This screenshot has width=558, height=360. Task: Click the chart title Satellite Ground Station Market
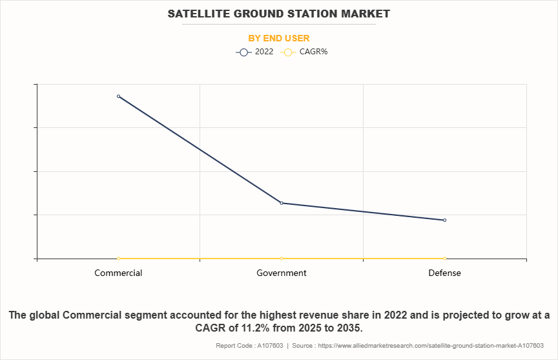click(x=279, y=14)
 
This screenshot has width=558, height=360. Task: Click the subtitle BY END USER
click(x=279, y=39)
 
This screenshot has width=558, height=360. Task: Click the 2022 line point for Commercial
click(x=118, y=96)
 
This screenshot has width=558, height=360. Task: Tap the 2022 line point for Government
click(x=282, y=203)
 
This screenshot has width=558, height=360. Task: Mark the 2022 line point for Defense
click(x=444, y=220)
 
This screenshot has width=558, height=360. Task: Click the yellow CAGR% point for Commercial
click(x=118, y=258)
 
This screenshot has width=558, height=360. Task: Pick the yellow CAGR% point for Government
click(x=282, y=258)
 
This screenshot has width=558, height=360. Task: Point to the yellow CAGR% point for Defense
click(x=444, y=258)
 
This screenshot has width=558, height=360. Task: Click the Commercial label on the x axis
click(x=118, y=273)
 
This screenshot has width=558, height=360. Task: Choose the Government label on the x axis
click(x=282, y=273)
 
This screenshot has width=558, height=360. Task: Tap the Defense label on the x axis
click(x=444, y=273)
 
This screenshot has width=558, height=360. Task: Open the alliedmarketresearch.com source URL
click(x=432, y=346)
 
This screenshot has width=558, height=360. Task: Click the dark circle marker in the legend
click(x=243, y=52)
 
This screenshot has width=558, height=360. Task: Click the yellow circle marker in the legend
click(x=289, y=52)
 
